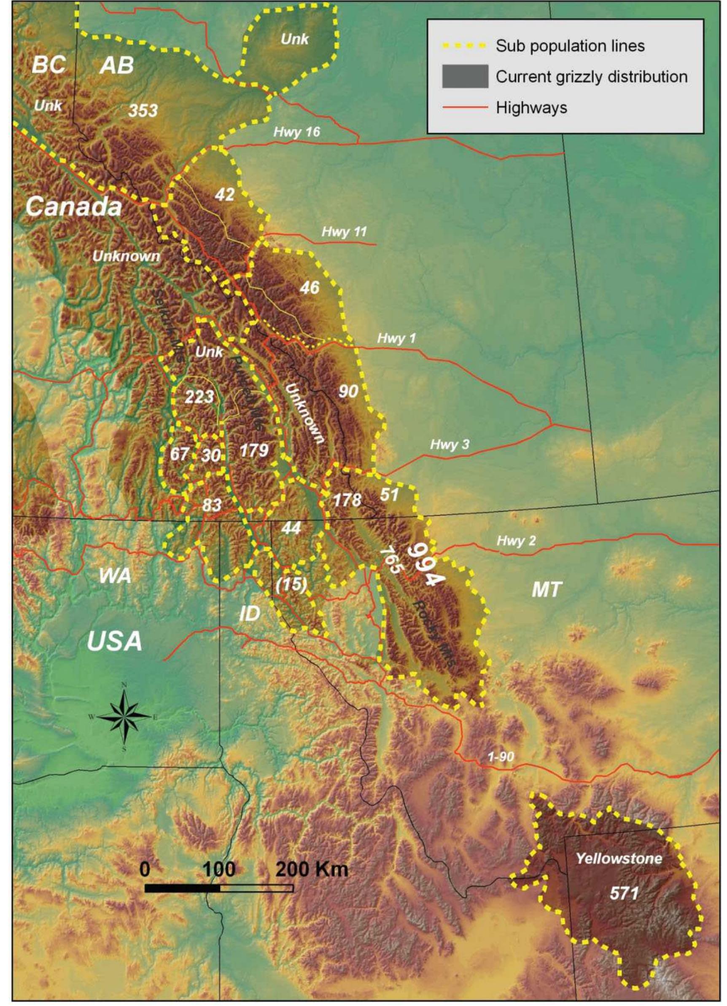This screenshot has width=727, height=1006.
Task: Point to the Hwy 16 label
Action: [296, 132]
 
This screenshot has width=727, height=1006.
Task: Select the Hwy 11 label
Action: [345, 231]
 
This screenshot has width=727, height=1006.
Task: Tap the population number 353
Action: [143, 110]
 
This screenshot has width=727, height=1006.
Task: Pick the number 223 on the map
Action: [199, 396]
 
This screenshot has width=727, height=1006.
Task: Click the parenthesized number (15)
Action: [291, 585]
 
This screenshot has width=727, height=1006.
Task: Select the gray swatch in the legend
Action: [465, 76]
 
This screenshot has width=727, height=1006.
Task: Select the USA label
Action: [115, 641]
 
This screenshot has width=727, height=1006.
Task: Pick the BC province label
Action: [49, 65]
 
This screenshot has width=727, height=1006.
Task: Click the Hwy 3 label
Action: [450, 444]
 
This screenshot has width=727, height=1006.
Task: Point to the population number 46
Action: [310, 288]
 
